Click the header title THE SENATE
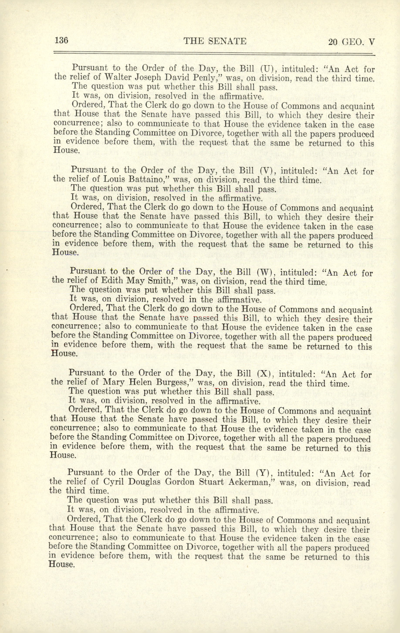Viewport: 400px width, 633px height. coord(215,41)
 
